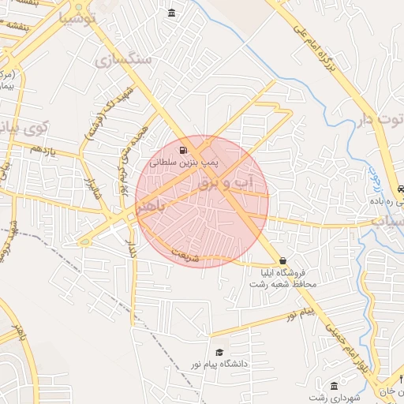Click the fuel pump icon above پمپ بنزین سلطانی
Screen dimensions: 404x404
pos(183,150)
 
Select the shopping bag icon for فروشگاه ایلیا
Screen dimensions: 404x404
pos(282,261)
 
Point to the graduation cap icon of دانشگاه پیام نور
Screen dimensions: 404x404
pos(219,353)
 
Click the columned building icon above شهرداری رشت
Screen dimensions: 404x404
pos(335,386)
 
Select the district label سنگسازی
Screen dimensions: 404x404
pos(126,59)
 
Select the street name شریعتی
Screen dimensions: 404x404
pos(193,256)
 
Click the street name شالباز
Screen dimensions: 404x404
pos(91,193)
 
